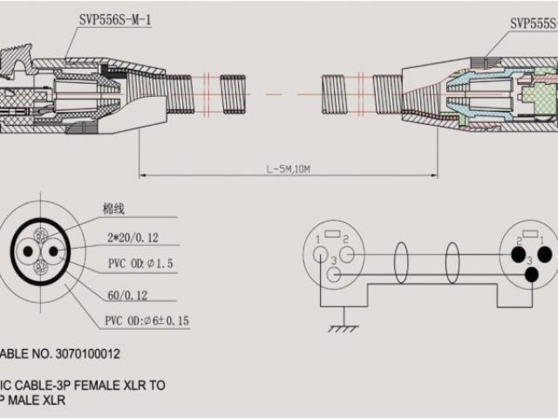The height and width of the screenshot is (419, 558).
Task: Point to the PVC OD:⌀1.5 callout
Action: pos(139,264)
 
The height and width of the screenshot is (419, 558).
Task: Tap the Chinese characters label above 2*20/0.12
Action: pos(114,209)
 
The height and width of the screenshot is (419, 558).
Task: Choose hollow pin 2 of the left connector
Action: pos(346,255)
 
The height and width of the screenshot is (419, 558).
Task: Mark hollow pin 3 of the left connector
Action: pos(334,275)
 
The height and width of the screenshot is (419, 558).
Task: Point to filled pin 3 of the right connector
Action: pos(532,275)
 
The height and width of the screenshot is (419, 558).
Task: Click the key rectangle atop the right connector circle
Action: pos(532,231)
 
